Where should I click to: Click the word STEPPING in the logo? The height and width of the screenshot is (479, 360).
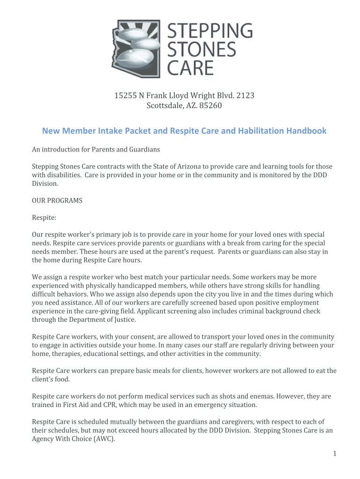pyautogui.click(x=209, y=31)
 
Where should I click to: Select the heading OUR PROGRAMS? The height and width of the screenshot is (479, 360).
pyautogui.click(x=57, y=201)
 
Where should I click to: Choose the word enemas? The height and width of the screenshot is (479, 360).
pyautogui.click(x=261, y=396)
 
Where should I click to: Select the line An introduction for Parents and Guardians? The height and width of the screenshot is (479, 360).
pyautogui.click(x=95, y=150)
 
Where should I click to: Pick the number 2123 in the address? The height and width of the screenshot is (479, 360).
pyautogui.click(x=245, y=96)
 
